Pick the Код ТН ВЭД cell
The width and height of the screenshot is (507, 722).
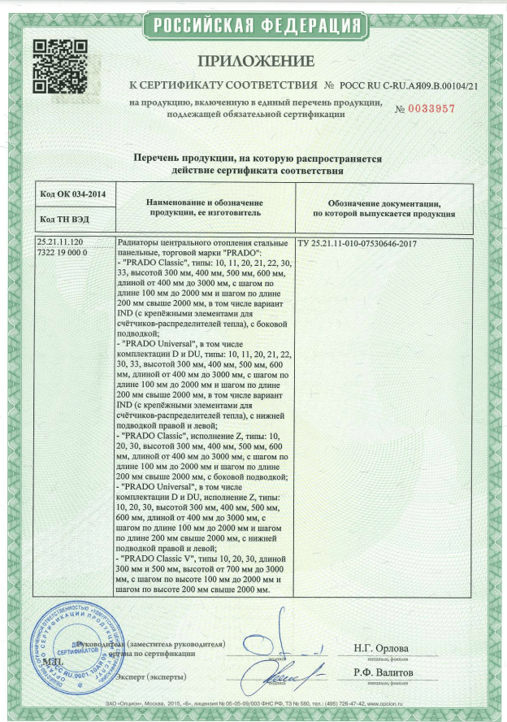pyautogui.click(x=65, y=220)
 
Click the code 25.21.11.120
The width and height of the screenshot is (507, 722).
pyautogui.click(x=67, y=243)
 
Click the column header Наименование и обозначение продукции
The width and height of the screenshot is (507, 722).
pyautogui.click(x=204, y=207)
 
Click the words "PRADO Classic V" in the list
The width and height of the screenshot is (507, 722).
pyautogui.click(x=163, y=560)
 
